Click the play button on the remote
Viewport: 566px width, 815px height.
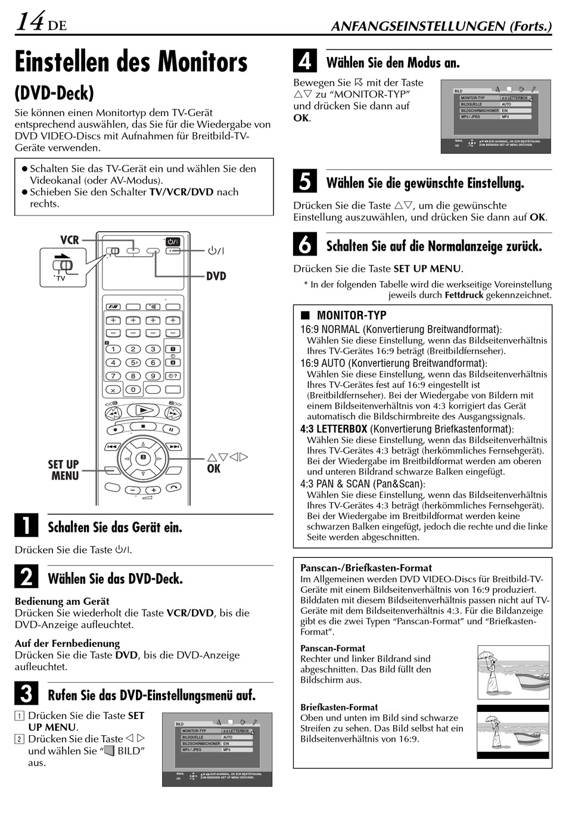tap(143, 410)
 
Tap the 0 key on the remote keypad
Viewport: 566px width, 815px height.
tap(133, 390)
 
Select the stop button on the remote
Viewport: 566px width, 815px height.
tap(143, 427)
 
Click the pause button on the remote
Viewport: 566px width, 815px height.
tap(172, 430)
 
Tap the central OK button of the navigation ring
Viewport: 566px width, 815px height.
tap(143, 458)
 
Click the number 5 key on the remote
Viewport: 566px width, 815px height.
tap(133, 362)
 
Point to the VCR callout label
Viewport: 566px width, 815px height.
tap(70, 239)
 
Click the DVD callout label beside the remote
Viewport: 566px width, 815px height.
tap(216, 276)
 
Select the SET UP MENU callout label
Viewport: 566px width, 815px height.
tap(64, 470)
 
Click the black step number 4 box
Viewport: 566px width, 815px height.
tap(305, 61)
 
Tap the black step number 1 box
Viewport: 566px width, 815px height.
tap(26, 525)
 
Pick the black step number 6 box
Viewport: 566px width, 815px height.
tap(305, 245)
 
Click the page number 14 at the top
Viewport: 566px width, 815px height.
tap(30, 22)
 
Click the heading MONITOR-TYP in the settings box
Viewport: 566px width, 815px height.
tap(351, 315)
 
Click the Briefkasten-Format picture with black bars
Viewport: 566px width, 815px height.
tap(512, 732)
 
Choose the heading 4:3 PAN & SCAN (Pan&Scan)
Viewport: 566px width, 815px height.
tap(362, 484)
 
